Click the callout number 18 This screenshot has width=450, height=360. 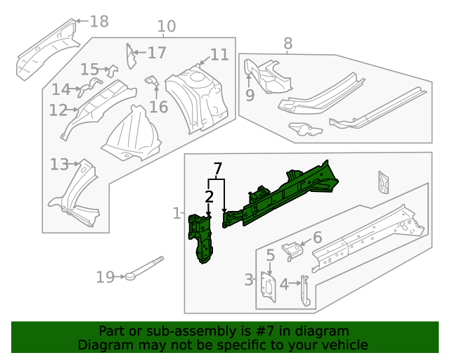[x=99, y=21]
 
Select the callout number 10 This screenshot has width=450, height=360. [x=166, y=27]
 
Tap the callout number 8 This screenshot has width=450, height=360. [x=288, y=44]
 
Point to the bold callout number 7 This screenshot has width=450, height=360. [x=218, y=169]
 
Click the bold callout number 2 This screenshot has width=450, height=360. [x=209, y=196]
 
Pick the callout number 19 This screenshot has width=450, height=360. [x=105, y=277]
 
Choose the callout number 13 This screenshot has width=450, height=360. [x=59, y=165]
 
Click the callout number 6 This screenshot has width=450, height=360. [x=317, y=238]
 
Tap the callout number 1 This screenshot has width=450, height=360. [x=176, y=213]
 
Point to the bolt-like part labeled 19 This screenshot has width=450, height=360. [x=143, y=270]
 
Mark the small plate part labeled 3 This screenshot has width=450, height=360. [x=268, y=288]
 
